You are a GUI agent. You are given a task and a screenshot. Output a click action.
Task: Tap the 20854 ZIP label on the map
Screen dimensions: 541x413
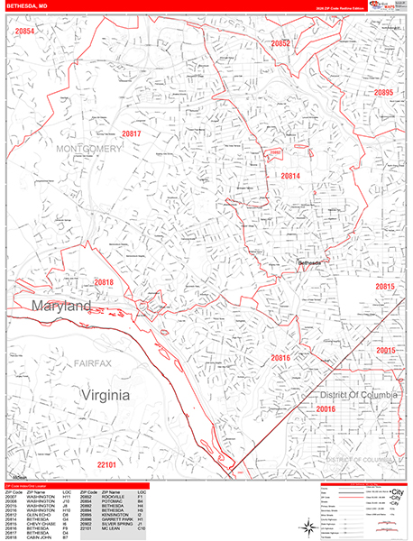tap(25, 31)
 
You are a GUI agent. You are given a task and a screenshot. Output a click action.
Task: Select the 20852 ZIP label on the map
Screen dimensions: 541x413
tap(280, 43)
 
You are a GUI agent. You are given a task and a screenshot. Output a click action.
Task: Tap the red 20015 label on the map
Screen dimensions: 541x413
tap(386, 350)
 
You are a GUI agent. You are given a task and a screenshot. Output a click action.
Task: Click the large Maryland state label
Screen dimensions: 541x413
tap(63, 307)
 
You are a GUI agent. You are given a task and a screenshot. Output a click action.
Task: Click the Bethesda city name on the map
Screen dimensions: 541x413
tap(311, 262)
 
